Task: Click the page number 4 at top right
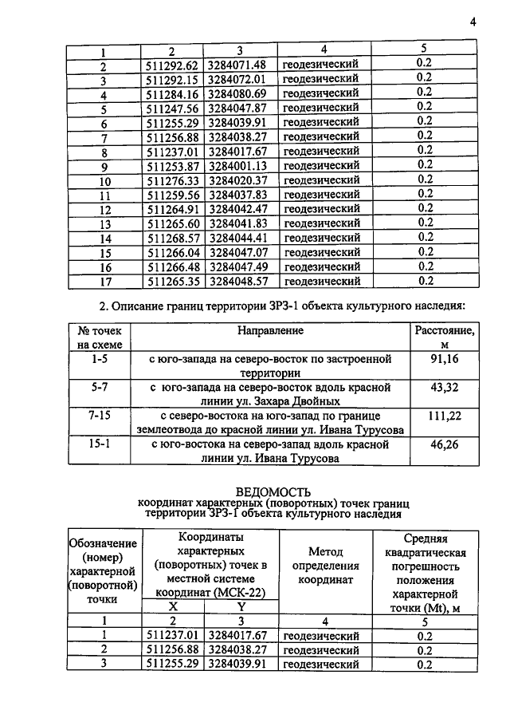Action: (473, 22)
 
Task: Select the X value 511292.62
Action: (173, 64)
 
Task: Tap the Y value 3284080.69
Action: (240, 93)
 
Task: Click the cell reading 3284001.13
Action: (240, 165)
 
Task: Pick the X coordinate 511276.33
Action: (173, 180)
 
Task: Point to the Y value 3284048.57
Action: (240, 281)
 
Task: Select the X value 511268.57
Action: (173, 237)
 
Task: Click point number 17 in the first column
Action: (104, 281)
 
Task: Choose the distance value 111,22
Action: (444, 416)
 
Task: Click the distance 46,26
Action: (444, 444)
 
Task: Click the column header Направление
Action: (270, 329)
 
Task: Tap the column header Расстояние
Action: (444, 329)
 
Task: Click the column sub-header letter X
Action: (173, 607)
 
